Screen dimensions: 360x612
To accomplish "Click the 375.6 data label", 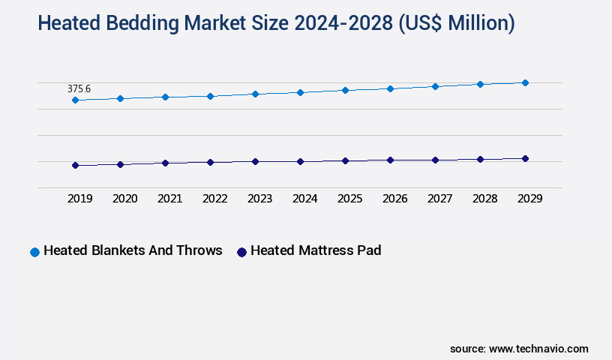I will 79,88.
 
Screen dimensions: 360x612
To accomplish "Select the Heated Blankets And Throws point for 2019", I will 75,100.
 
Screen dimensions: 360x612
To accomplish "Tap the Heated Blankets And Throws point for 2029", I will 525,82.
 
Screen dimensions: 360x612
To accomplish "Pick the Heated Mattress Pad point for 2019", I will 75,165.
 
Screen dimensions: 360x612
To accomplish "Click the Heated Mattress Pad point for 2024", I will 300,161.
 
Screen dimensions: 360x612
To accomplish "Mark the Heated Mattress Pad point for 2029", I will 525,158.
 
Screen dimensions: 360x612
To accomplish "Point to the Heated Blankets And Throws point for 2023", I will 255,94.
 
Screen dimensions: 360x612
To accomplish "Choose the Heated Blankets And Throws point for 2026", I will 390,88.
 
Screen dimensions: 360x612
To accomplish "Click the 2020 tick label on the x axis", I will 124,199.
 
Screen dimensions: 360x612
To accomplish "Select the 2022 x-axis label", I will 214,199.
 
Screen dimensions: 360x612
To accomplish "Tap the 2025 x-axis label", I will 349,199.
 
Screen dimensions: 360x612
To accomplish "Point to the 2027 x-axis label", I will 439,199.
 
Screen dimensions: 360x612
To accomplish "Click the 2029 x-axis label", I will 529,199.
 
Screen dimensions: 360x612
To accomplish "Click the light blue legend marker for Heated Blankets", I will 34,252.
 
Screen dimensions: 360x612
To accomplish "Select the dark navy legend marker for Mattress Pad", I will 241,252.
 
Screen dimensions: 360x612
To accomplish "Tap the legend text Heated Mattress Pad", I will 316,250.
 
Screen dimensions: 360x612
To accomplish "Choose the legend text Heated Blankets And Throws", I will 133,250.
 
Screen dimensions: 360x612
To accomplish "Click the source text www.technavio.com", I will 538,349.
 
